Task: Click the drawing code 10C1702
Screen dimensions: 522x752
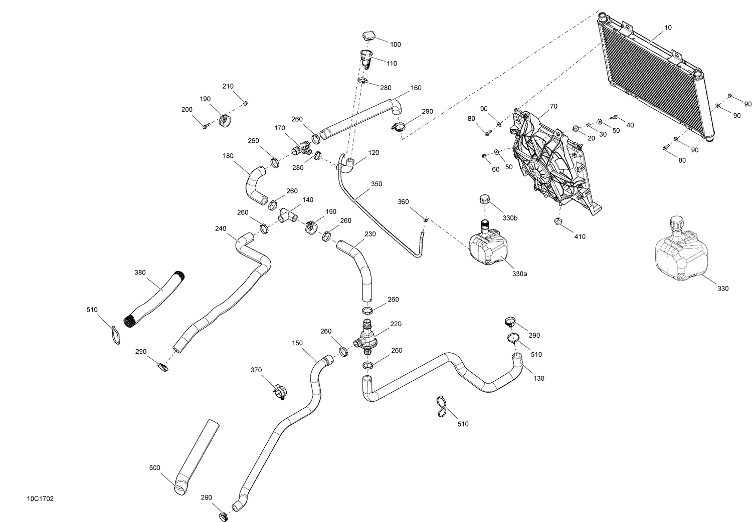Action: click(x=40, y=499)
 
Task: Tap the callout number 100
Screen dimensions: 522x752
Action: click(x=395, y=45)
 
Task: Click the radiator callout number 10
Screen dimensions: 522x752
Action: click(x=668, y=28)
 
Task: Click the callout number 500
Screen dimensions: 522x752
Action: click(x=154, y=468)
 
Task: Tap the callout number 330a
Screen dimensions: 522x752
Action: click(x=519, y=274)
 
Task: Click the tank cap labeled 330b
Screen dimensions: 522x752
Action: click(x=484, y=198)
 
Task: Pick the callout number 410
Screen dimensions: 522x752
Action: click(x=579, y=236)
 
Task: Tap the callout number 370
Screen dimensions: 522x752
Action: click(x=256, y=370)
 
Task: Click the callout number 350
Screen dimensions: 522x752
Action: click(x=377, y=184)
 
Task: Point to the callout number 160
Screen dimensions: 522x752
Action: click(x=416, y=88)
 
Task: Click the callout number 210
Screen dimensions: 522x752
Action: click(x=228, y=86)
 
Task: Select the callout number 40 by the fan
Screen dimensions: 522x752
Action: click(x=630, y=125)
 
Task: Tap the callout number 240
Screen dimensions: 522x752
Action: click(x=221, y=228)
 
